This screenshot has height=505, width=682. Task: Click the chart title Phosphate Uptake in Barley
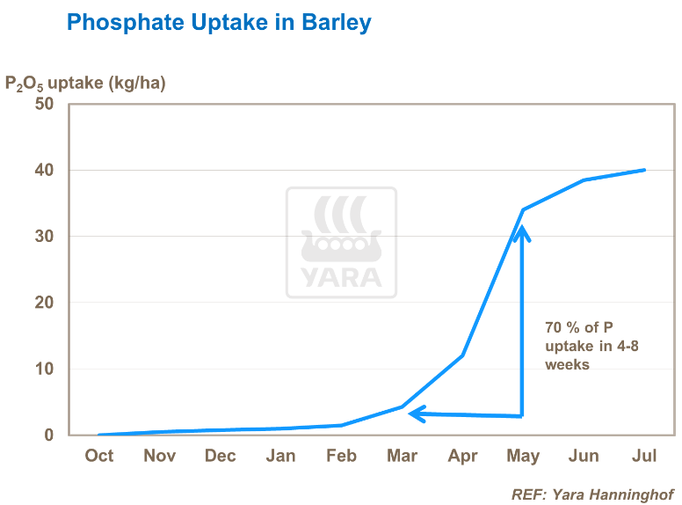click(219, 23)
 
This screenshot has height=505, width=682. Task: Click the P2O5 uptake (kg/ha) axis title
click(85, 84)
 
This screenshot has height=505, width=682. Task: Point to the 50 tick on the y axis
click(44, 104)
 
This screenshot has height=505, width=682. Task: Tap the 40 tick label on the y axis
click(44, 170)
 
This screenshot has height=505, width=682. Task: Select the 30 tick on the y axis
click(44, 237)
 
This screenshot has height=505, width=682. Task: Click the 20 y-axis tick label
click(44, 303)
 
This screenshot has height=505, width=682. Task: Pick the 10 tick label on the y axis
click(44, 369)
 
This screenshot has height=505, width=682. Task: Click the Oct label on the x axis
click(99, 456)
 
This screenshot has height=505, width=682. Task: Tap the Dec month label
click(220, 456)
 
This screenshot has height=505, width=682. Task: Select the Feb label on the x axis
click(341, 456)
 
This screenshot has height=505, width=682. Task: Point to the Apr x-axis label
click(462, 456)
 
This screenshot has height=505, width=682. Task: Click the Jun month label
click(584, 456)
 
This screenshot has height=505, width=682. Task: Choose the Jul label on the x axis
click(645, 456)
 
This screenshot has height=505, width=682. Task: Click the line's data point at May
click(523, 209)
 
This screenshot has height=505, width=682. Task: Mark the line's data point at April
click(462, 355)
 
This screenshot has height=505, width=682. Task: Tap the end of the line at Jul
click(644, 170)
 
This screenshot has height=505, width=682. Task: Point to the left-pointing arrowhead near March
click(417, 413)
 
